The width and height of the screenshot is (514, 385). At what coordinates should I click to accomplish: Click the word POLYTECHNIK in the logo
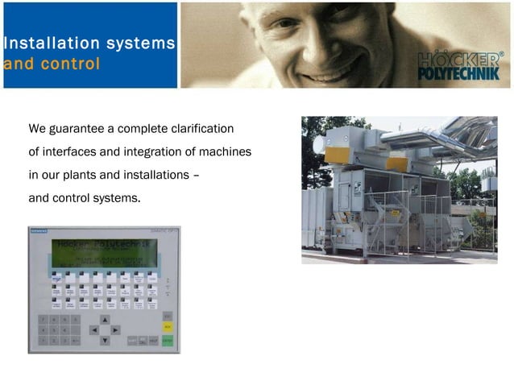pos(458,74)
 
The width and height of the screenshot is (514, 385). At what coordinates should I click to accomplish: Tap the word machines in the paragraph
pos(227,152)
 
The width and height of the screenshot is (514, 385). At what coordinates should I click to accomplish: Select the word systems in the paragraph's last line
pos(118,198)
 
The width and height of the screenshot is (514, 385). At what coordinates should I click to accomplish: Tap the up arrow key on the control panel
pos(104,320)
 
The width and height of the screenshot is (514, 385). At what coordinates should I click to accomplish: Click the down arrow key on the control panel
pos(104,340)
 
